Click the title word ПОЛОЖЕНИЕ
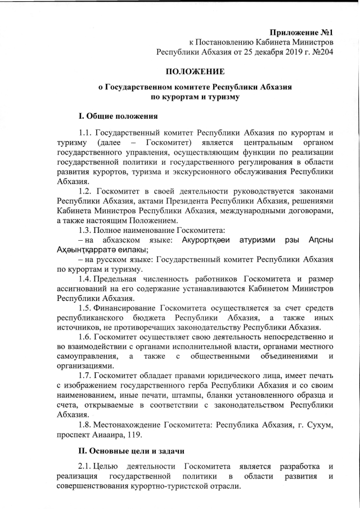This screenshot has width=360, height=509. point(194,71)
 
